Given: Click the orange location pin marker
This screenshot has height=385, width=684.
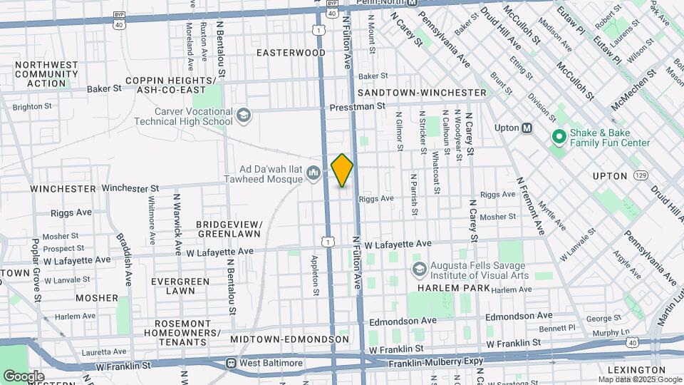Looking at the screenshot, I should pyautogui.click(x=342, y=170).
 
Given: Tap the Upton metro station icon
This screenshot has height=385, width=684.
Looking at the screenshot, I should pyautogui.click(x=528, y=128).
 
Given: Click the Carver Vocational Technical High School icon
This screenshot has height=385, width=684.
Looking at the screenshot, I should pyautogui.click(x=244, y=115).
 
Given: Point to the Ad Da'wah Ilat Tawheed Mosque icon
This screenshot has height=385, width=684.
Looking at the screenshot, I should pyautogui.click(x=313, y=173).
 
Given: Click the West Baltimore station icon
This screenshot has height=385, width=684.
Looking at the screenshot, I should pyautogui.click(x=232, y=363).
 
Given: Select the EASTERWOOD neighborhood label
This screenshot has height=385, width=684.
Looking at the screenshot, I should pyautogui.click(x=291, y=53).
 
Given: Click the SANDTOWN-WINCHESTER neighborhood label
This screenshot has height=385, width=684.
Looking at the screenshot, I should pyautogui.click(x=422, y=93).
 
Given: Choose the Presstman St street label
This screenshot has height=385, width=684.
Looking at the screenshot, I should pyautogui.click(x=357, y=106).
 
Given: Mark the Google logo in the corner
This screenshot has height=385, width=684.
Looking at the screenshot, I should pyautogui.click(x=24, y=376).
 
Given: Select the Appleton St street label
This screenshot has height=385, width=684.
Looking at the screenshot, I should pyautogui.click(x=315, y=274).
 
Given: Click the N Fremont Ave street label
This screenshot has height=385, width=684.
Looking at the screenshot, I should pyautogui.click(x=530, y=206).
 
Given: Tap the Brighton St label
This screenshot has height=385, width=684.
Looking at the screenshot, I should pyautogui.click(x=32, y=106).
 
